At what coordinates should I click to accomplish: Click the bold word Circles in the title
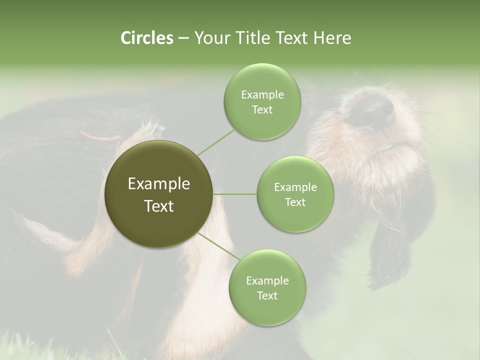point(146,38)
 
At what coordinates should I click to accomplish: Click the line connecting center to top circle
point(216,142)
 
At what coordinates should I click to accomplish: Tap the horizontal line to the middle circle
point(235,194)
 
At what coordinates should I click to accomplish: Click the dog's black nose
point(370,111)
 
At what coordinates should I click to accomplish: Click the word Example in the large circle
point(158,184)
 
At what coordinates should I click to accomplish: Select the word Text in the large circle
point(158,206)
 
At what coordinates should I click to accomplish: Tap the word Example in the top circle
point(262,95)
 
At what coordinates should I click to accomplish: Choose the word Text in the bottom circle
point(267,295)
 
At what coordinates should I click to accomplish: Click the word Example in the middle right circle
point(295,187)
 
